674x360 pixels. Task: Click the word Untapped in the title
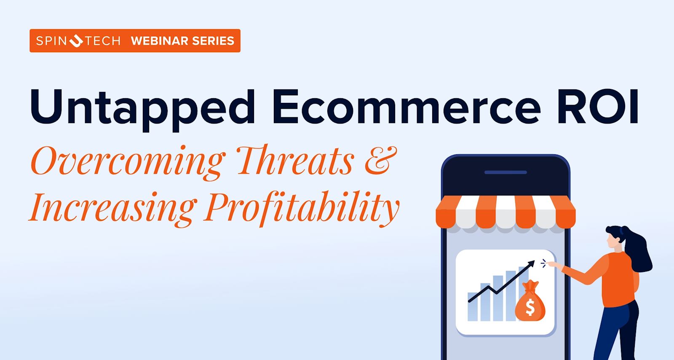click(x=142, y=107)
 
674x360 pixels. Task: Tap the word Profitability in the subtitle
click(x=301, y=208)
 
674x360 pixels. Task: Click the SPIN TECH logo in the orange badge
click(x=78, y=41)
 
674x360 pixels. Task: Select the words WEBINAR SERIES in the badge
click(x=182, y=41)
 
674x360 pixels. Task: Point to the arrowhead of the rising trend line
click(x=532, y=264)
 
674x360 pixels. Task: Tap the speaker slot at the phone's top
click(x=505, y=172)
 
